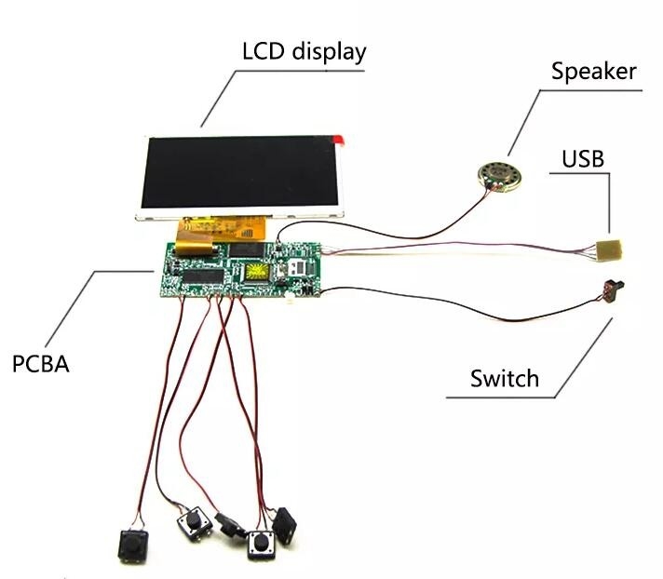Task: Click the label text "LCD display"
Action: (x=304, y=51)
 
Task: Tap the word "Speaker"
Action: (x=594, y=72)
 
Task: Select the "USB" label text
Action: (x=583, y=159)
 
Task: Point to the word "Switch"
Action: (x=505, y=378)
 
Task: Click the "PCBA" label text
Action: (x=41, y=364)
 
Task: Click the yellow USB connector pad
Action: (x=609, y=250)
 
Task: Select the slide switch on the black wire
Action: (x=613, y=290)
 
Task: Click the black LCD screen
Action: (x=240, y=171)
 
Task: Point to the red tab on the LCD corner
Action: (x=339, y=140)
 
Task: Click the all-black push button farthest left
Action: (x=133, y=546)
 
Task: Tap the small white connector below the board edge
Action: (x=291, y=302)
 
